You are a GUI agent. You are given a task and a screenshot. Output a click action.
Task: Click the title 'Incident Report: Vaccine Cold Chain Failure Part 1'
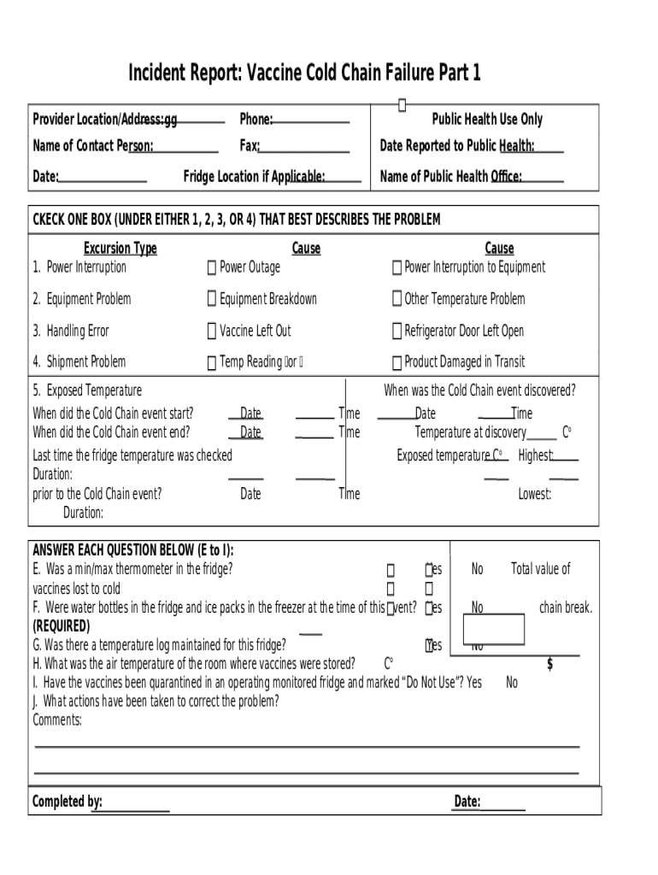click(x=304, y=73)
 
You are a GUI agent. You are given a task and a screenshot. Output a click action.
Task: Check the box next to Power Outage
click(x=211, y=268)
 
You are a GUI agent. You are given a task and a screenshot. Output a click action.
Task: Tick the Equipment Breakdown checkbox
click(x=211, y=299)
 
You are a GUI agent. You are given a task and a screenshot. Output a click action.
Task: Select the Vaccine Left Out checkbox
click(x=211, y=332)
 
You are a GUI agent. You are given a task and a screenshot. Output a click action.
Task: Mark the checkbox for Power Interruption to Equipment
click(x=397, y=268)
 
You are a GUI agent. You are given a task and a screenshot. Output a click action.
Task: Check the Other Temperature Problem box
click(x=397, y=299)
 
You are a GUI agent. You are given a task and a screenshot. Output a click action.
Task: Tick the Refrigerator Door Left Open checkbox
click(x=397, y=332)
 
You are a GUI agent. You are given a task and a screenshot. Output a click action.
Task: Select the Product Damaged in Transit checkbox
click(x=397, y=363)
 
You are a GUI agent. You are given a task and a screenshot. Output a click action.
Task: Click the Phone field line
click(x=311, y=120)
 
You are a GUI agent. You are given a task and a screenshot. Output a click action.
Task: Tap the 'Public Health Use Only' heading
click(x=486, y=120)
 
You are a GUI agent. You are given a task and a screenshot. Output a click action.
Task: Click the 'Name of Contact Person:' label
click(x=93, y=146)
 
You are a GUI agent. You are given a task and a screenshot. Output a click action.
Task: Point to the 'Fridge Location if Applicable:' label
click(x=254, y=177)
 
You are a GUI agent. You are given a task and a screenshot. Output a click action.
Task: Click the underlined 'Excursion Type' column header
click(x=120, y=249)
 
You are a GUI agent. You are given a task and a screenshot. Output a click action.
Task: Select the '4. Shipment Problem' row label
click(x=79, y=362)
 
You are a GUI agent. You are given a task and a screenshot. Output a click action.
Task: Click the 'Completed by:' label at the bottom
click(x=67, y=802)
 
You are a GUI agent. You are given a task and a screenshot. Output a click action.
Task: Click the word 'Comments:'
click(x=57, y=720)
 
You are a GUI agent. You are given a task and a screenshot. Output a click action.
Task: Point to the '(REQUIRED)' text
click(x=61, y=626)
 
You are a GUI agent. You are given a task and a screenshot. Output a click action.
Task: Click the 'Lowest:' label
click(x=534, y=494)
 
